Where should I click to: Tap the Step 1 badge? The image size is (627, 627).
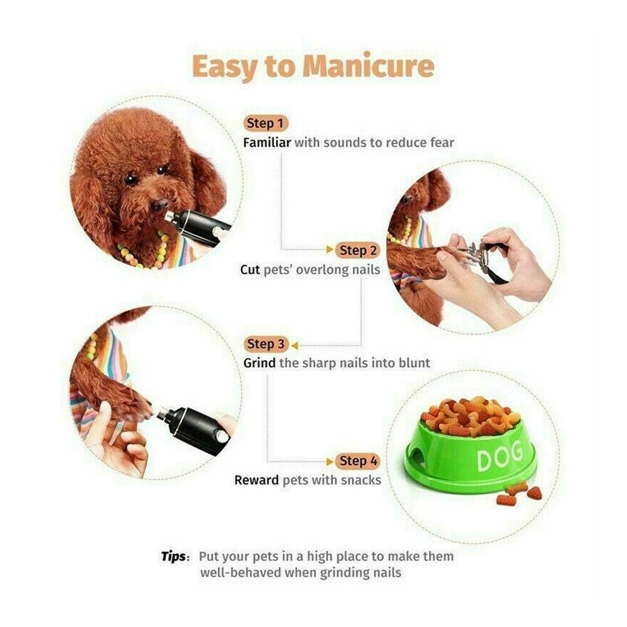coord(265,123)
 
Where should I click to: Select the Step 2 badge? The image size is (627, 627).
coord(358,250)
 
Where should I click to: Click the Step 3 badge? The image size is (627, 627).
coord(265,344)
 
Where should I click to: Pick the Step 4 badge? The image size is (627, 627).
coord(358,461)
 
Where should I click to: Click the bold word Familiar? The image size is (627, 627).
coord(267,142)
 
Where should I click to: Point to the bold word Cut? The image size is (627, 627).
coord(250,269)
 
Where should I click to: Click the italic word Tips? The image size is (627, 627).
coord(173,556)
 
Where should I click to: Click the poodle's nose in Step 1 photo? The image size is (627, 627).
coord(159,206)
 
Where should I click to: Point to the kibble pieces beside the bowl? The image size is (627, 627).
coord(518,493)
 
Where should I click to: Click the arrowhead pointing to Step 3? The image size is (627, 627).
coord(295,345)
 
